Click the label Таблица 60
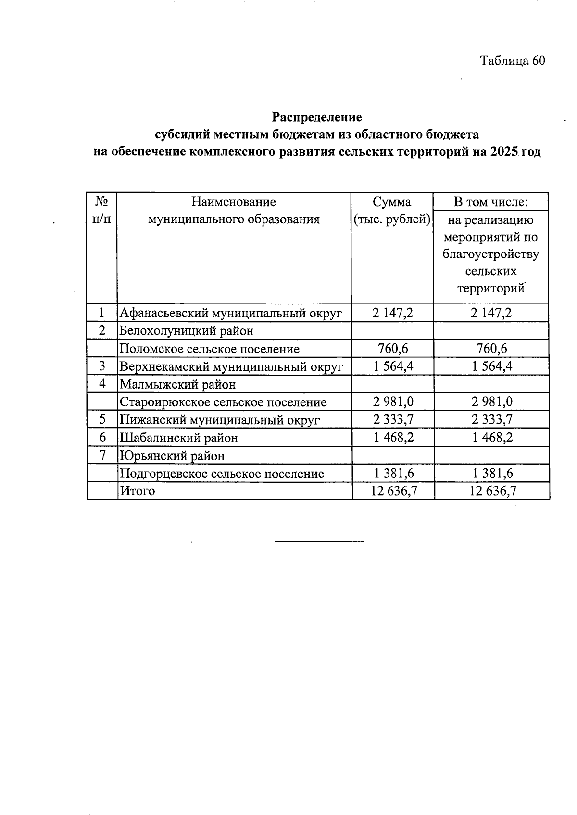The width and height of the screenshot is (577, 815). tap(513, 61)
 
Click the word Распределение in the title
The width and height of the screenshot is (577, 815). tap(317, 117)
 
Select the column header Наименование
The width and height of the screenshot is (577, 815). tap(234, 202)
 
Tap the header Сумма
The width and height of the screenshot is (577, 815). tap(392, 202)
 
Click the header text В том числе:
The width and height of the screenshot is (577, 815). tap(491, 202)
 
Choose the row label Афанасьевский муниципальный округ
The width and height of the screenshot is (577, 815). tap(231, 314)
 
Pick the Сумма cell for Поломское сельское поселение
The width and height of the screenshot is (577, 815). tap(393, 349)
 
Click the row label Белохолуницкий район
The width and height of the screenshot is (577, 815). tap(186, 331)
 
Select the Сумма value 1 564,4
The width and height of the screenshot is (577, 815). tap(393, 366)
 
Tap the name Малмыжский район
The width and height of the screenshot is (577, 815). tap(177, 384)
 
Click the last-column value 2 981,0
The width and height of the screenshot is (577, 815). tap(492, 402)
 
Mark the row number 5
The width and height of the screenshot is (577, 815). tap(102, 420)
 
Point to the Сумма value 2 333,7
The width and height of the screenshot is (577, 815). tap(393, 420)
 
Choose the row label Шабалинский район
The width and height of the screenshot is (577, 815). tap(178, 438)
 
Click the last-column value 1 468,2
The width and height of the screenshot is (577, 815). tap(492, 438)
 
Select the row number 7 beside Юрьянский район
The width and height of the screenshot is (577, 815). tap(102, 455)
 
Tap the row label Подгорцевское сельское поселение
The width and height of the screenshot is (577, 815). tap(222, 474)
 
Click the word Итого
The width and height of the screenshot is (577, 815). tap(138, 491)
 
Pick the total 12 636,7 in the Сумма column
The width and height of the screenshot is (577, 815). tap(393, 491)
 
